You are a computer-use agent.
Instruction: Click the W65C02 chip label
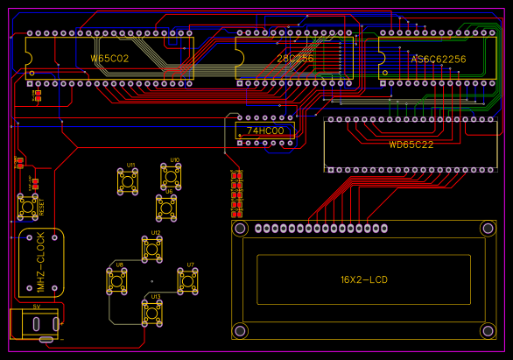point(110,59)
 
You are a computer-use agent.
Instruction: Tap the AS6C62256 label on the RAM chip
point(439,59)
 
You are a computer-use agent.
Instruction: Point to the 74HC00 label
point(265,131)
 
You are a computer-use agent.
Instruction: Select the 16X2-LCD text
point(363,280)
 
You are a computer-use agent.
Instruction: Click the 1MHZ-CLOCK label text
point(40,262)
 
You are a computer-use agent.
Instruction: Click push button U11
point(130,181)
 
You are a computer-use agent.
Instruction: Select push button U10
point(172,177)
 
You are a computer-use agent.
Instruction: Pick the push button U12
point(154,251)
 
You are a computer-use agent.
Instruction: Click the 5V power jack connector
point(33,323)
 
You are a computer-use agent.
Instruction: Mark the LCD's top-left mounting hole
point(240,229)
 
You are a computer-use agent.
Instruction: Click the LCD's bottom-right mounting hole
point(487,330)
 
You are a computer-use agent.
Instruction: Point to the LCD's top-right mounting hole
point(487,229)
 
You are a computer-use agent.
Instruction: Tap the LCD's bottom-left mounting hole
point(240,330)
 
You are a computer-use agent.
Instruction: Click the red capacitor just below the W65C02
point(36,95)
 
